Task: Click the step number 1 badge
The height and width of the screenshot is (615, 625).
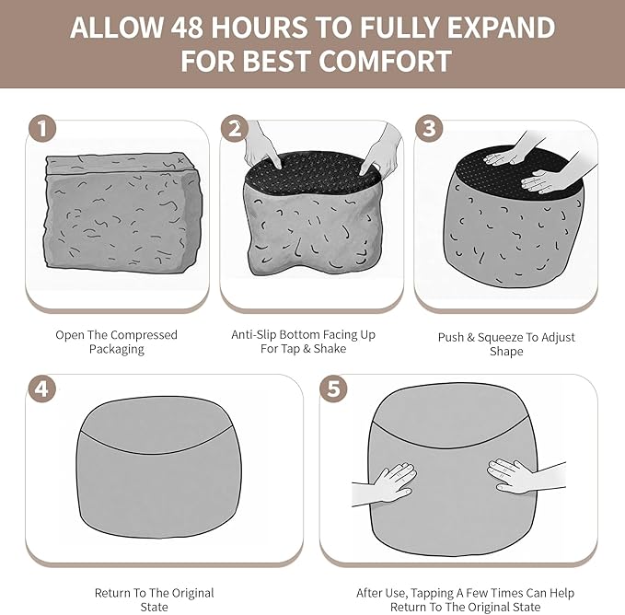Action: (x=42, y=128)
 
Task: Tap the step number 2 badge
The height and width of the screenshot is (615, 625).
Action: (x=235, y=128)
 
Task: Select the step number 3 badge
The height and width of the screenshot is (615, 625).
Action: (x=429, y=128)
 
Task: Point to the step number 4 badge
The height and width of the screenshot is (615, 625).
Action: (x=42, y=389)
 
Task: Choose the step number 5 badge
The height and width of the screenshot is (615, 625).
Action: (x=333, y=389)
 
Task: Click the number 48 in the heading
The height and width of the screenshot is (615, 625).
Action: (x=187, y=27)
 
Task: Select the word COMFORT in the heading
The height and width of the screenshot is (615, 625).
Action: (x=385, y=61)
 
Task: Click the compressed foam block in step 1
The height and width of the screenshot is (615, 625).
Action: (x=122, y=211)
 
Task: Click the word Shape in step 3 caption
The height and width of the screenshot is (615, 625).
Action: (x=506, y=352)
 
